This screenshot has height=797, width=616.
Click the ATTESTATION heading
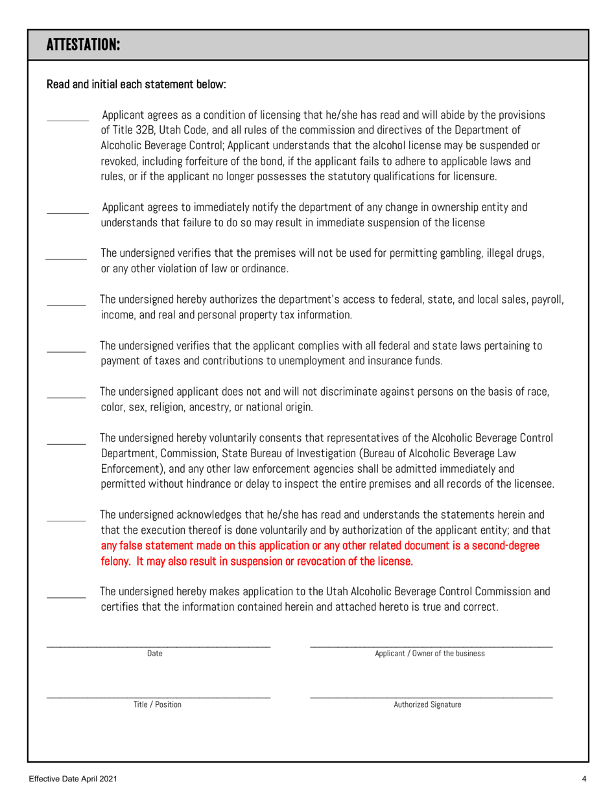(84, 45)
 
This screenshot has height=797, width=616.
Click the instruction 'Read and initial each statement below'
(136, 84)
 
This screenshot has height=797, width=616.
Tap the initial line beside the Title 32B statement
(68, 119)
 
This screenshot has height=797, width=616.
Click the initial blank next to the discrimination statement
(66, 397)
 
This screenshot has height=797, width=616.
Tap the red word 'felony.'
(117, 560)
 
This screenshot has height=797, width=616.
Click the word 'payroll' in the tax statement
(545, 300)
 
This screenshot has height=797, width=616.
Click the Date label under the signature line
(155, 654)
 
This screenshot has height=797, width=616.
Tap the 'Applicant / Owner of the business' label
(430, 654)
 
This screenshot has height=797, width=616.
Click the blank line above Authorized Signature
(431, 696)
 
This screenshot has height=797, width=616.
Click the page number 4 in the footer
(584, 778)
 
